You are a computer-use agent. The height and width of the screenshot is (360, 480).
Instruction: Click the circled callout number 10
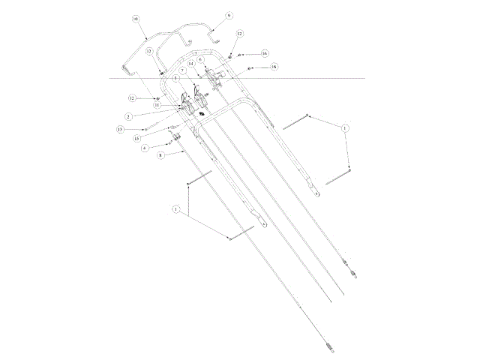pyautogui.click(x=135, y=18)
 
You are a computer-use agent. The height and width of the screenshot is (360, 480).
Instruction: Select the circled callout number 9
pyautogui.click(x=229, y=15)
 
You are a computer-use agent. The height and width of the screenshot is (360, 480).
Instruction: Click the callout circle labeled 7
pyautogui.click(x=182, y=70)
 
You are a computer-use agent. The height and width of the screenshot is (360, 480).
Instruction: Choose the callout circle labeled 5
pyautogui.click(x=174, y=78)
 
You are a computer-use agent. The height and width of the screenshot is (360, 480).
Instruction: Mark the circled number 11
pyautogui.click(x=158, y=106)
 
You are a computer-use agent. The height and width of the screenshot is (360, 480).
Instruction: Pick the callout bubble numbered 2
pyautogui.click(x=129, y=116)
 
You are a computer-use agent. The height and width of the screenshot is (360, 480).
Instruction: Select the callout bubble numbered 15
pyautogui.click(x=137, y=138)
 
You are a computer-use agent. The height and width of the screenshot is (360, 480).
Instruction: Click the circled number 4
pyautogui.click(x=145, y=148)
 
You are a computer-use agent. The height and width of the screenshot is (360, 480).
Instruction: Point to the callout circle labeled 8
pyautogui.click(x=160, y=156)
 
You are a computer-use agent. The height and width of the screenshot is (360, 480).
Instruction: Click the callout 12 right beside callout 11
pyautogui.click(x=131, y=98)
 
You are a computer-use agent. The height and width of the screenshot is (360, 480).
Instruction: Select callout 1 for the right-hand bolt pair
pyautogui.click(x=344, y=128)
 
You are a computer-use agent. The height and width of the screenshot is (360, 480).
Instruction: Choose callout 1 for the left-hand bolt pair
pyautogui.click(x=176, y=208)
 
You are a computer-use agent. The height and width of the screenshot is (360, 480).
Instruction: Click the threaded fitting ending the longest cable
pyautogui.click(x=331, y=345)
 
